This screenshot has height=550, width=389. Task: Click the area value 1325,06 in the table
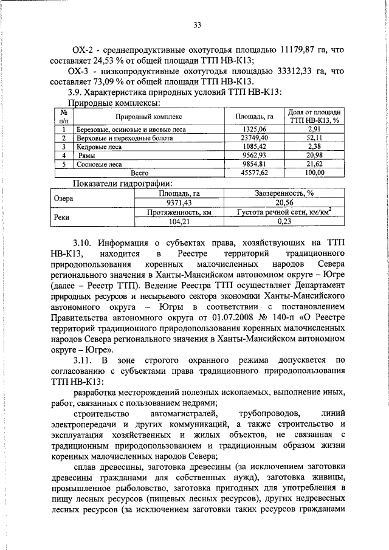click(255, 129)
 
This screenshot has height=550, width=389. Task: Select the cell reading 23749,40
click(255, 138)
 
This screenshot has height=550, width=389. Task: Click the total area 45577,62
click(255, 173)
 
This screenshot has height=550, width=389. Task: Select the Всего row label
click(148, 173)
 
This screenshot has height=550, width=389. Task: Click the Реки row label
click(63, 216)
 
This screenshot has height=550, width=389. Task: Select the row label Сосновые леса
click(99, 163)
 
